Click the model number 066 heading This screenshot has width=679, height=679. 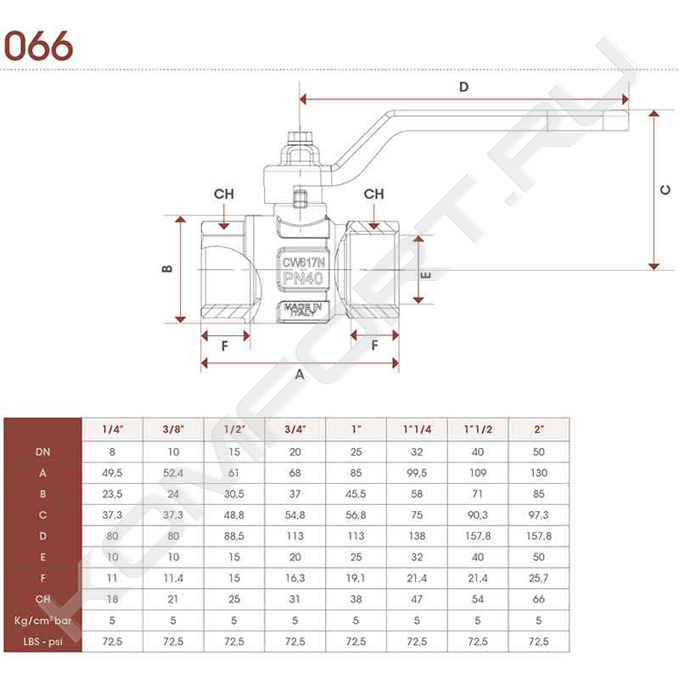point(38,46)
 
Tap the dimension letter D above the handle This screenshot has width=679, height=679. point(463,87)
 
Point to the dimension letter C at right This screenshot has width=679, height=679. point(665,189)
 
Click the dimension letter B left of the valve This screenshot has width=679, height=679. point(166,269)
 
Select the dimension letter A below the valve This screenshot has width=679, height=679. point(300,374)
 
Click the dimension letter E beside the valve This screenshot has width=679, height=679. point(426,275)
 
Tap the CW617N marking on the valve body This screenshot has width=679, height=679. point(303,262)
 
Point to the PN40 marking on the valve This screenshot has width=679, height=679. point(303,278)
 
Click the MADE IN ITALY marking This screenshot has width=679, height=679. point(303,309)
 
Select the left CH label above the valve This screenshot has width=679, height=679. point(224,194)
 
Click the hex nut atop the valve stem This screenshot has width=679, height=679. point(300,137)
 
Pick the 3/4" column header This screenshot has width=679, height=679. point(295,429)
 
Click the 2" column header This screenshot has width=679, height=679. point(539,429)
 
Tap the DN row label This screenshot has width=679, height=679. point(43,452)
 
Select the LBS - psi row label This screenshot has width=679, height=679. point(43,642)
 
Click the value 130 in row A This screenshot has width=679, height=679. point(539,473)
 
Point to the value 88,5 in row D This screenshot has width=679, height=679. point(234,536)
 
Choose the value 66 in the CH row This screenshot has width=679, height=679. point(539,599)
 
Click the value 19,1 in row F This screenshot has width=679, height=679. point(356,578)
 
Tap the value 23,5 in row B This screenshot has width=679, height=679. point(112,494)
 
